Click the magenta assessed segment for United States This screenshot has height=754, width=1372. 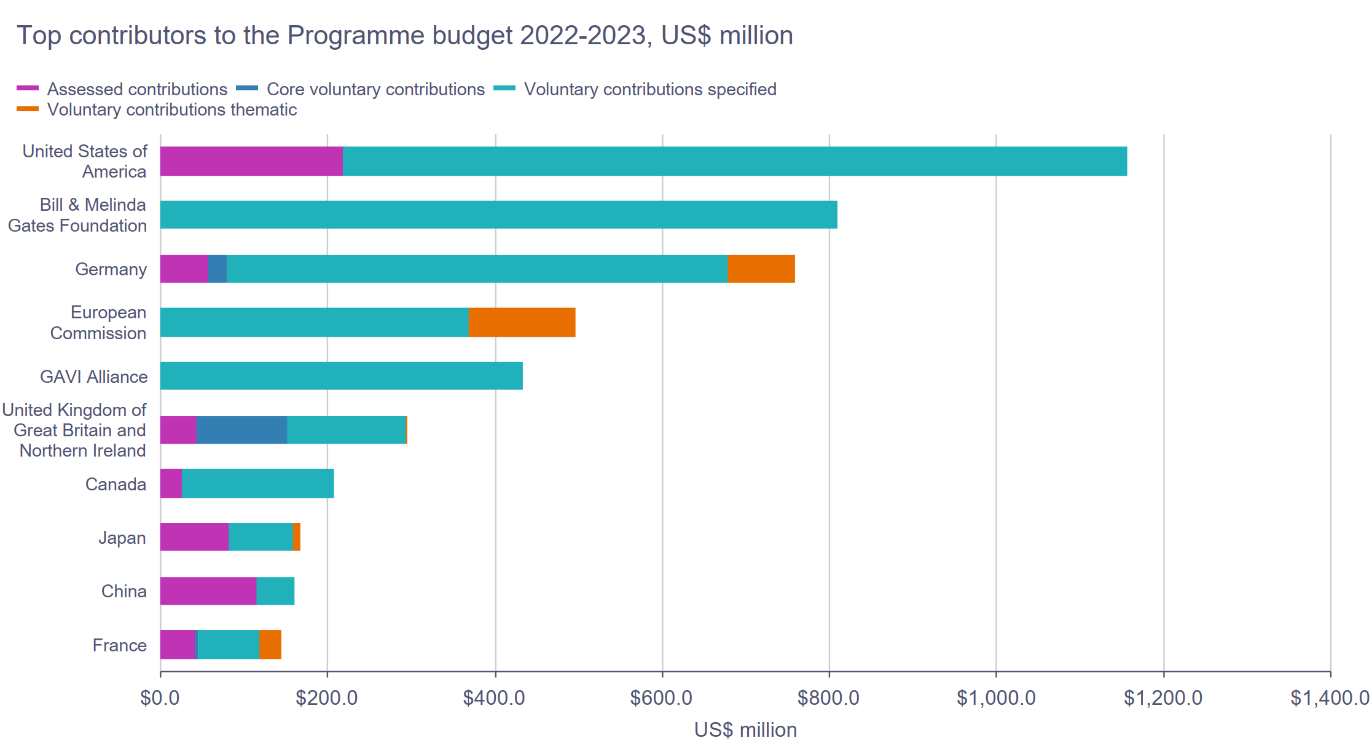coord(251,161)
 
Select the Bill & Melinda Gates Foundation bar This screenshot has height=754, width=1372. coord(498,214)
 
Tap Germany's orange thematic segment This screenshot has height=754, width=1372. coord(761,269)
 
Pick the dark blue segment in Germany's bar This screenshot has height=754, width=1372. coord(218,269)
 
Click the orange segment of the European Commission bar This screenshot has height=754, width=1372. coord(522,322)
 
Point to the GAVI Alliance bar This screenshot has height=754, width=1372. coord(341,375)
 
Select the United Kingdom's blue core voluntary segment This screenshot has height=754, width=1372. coord(241,430)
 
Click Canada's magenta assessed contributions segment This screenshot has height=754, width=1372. coord(171,483)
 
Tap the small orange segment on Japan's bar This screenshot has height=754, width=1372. coord(297,537)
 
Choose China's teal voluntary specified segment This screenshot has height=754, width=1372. coord(275,591)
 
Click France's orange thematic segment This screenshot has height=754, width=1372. coord(270,645)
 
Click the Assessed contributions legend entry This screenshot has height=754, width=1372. coord(136,89)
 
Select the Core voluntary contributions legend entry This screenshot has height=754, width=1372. coord(375,89)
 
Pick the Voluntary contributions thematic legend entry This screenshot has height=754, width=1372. coord(171,109)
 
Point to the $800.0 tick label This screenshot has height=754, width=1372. coord(828,698)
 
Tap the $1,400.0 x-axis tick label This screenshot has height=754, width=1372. coord(1330,698)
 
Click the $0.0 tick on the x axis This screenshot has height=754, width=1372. coord(160,698)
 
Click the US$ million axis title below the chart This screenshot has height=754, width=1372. coord(745,730)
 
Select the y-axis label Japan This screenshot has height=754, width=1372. coord(122,538)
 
